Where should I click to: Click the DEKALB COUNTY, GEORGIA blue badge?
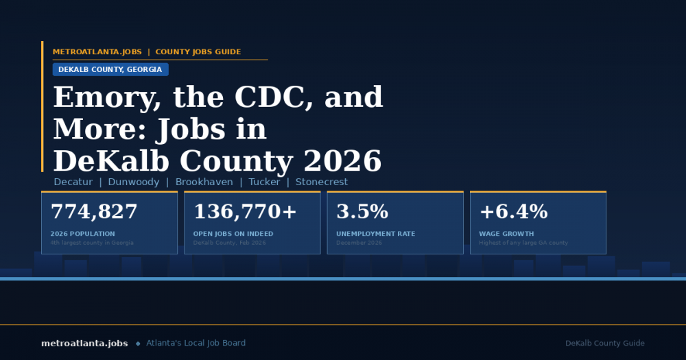(110, 69)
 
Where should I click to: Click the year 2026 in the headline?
(342, 161)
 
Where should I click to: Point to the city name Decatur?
(73, 182)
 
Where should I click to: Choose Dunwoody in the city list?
(133, 182)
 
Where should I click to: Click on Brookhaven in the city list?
(202, 182)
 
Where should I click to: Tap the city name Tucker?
(264, 182)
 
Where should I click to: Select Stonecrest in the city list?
(322, 182)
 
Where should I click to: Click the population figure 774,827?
(94, 212)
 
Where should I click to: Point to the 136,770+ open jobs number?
(245, 212)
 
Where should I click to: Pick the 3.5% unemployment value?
(362, 212)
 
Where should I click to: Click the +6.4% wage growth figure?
(513, 212)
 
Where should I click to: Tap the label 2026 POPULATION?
(83, 234)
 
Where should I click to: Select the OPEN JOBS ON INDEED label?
(233, 234)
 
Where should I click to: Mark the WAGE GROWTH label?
(506, 234)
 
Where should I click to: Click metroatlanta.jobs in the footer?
(84, 343)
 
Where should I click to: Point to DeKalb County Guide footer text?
(605, 343)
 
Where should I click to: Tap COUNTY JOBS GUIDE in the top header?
(198, 52)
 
